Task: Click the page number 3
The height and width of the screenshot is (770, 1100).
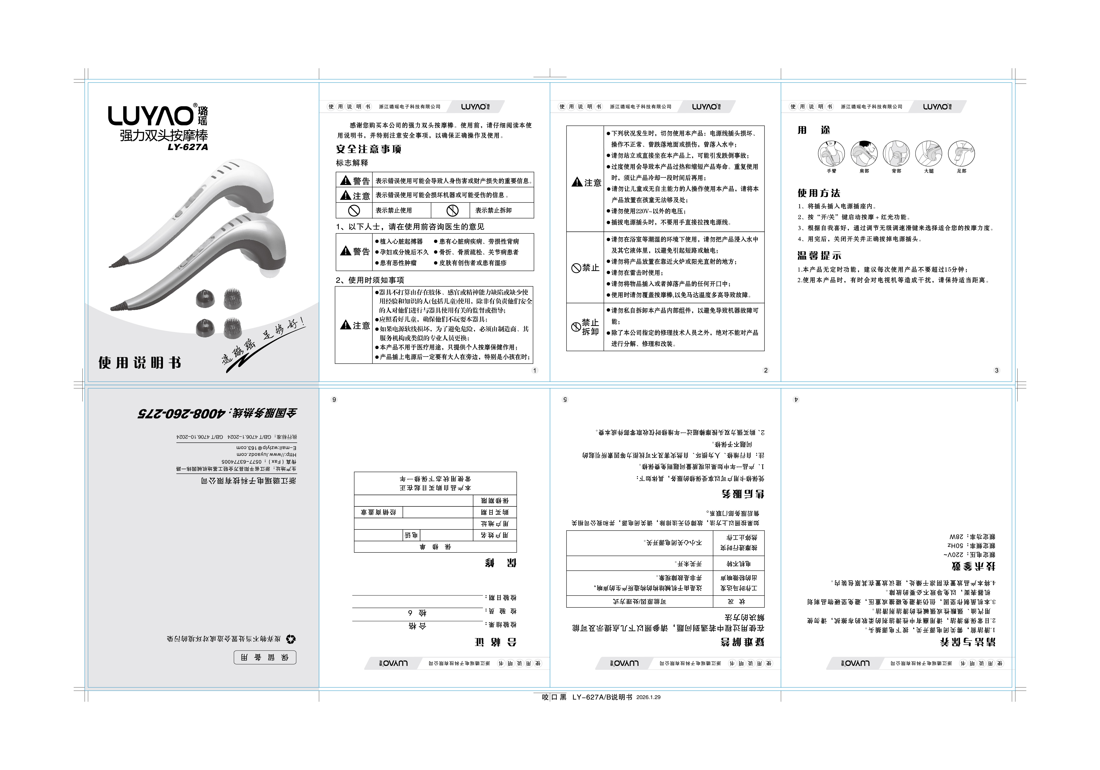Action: (996, 370)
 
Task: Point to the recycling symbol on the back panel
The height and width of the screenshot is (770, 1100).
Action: (291, 639)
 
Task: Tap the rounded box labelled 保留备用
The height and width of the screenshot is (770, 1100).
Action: (265, 658)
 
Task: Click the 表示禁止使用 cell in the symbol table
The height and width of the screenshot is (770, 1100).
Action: (393, 210)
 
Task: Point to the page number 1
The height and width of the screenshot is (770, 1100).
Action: (535, 370)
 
